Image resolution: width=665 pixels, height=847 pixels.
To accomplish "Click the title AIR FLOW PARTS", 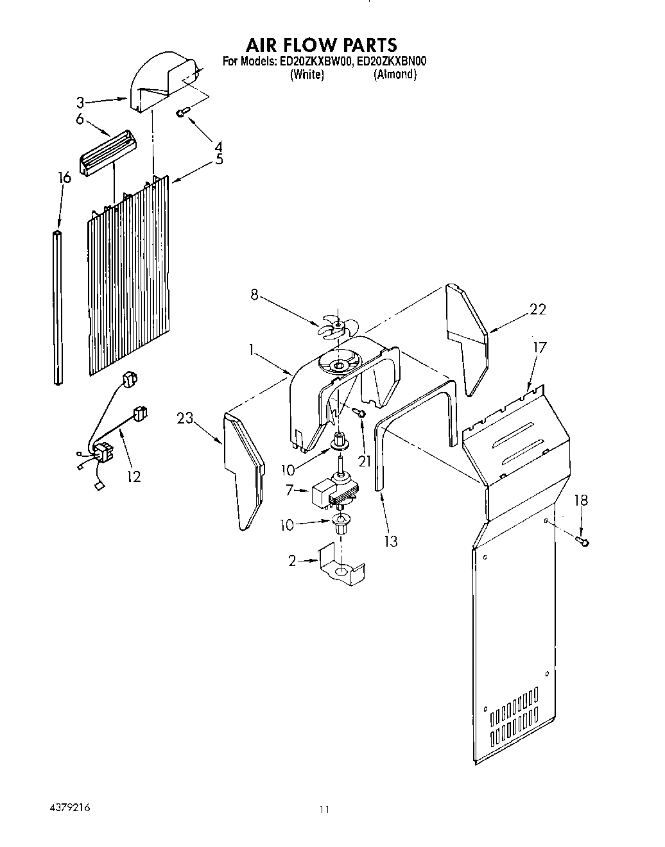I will (322, 44).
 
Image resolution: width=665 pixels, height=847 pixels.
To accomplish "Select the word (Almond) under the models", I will (395, 74).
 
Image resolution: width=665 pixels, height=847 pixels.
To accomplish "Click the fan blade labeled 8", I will (334, 325).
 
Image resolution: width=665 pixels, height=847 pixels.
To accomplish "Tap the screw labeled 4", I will (182, 113).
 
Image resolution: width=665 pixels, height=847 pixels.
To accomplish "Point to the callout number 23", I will (186, 419).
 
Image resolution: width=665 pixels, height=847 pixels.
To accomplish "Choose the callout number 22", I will (537, 309).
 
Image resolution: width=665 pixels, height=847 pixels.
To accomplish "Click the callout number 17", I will (539, 347).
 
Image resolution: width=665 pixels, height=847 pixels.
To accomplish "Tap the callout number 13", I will (390, 541).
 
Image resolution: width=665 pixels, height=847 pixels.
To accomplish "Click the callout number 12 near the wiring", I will (134, 476).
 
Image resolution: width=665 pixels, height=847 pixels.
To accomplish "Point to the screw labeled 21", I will (361, 414).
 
